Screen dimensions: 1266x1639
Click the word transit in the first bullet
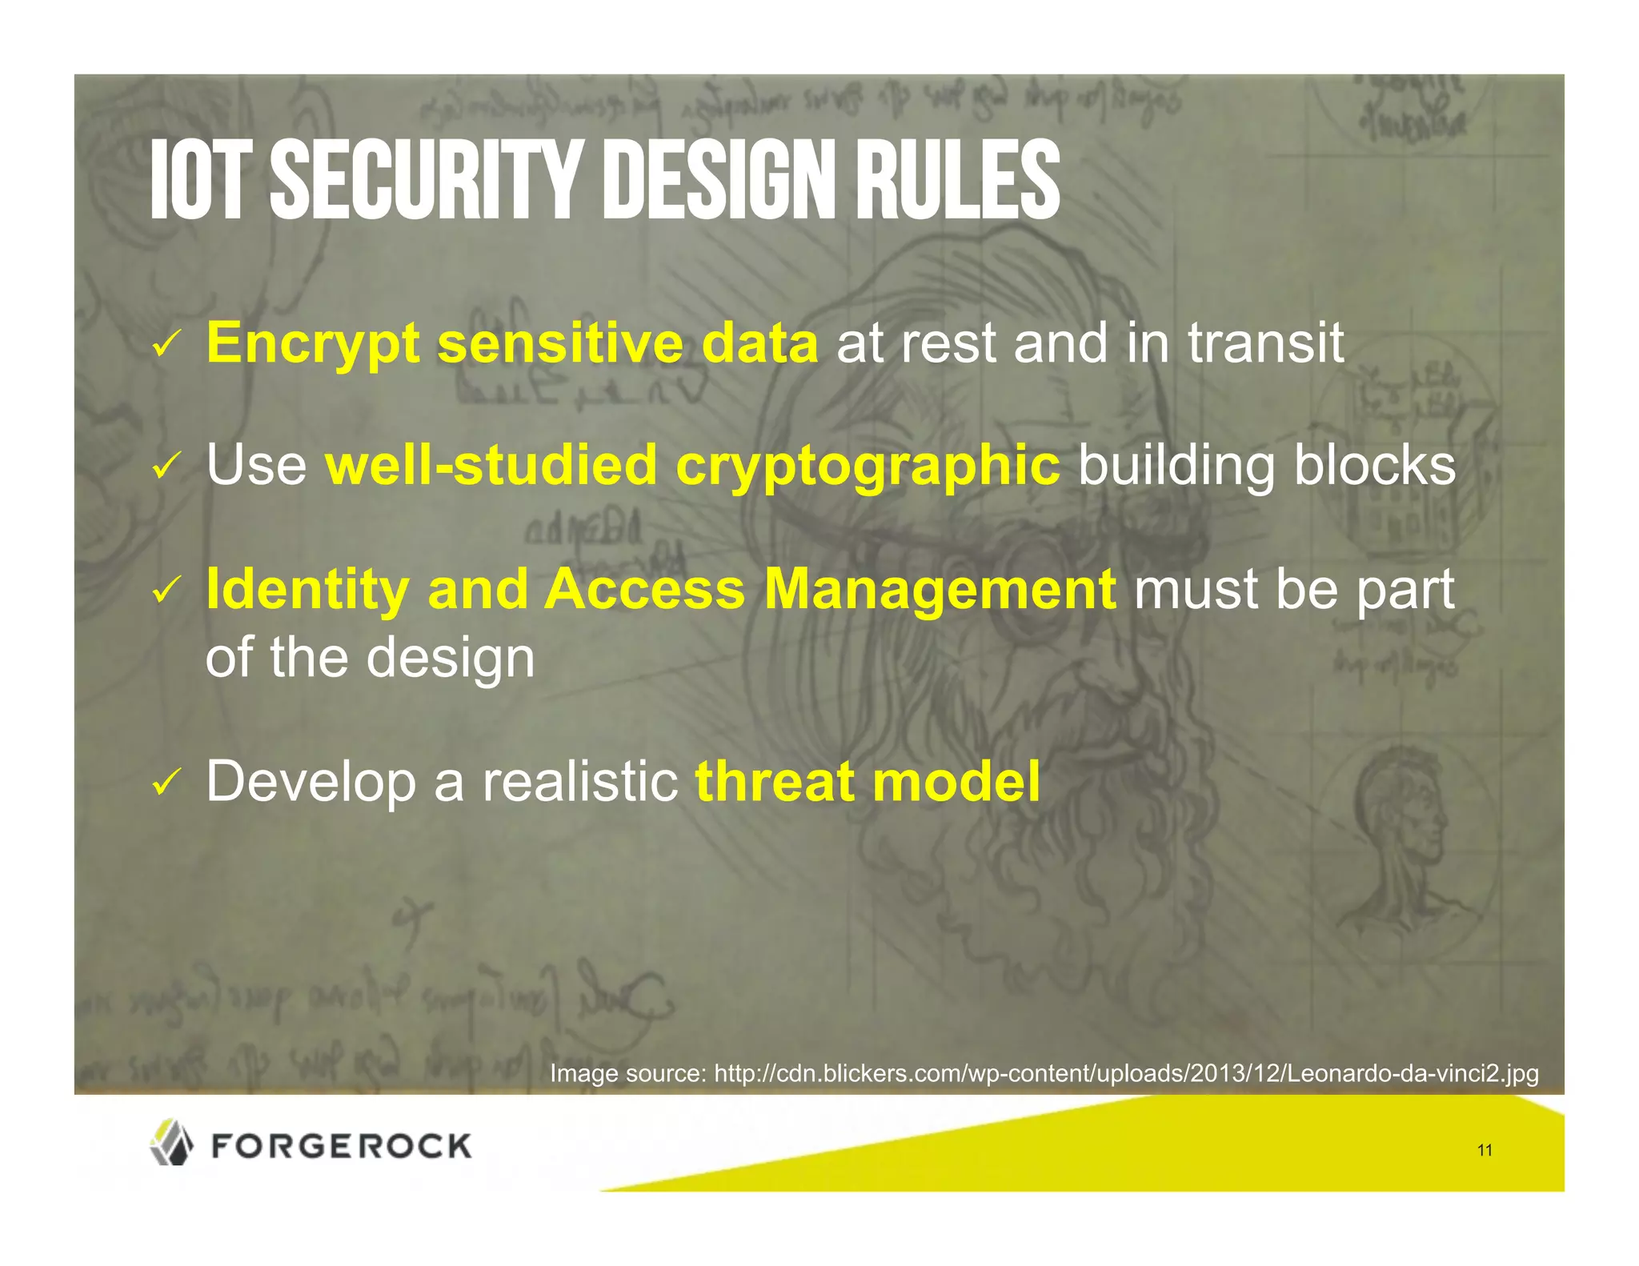1265,343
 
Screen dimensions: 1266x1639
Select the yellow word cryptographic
868,466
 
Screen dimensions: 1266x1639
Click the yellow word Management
940,590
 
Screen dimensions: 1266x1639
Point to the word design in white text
451,659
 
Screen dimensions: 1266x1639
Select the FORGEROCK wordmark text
342,1146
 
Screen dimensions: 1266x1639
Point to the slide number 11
1485,1150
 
